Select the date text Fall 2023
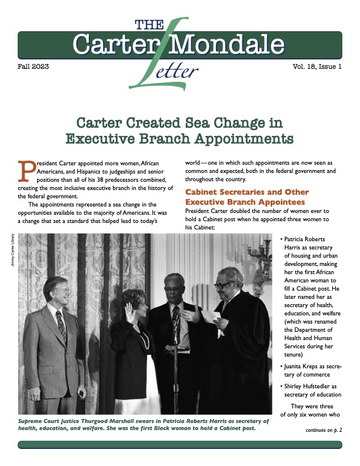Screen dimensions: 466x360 tap(34, 67)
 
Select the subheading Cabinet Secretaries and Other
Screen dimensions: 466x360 tap(247, 192)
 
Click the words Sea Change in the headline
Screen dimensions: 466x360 tap(215, 124)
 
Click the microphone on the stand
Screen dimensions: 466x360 tap(175, 318)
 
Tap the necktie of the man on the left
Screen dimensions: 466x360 tap(61, 323)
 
